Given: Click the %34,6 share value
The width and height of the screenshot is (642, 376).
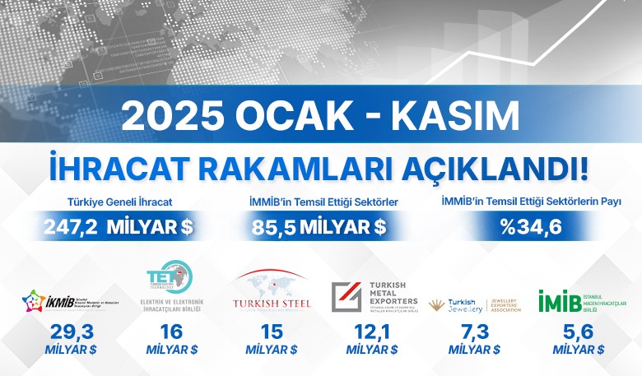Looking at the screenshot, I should point(531,225).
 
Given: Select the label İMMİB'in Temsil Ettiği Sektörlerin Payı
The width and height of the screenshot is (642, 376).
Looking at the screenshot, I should point(531,202).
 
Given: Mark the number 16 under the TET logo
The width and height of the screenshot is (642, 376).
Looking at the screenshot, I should point(171,332).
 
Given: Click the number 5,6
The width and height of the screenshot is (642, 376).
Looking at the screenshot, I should point(579,332).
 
